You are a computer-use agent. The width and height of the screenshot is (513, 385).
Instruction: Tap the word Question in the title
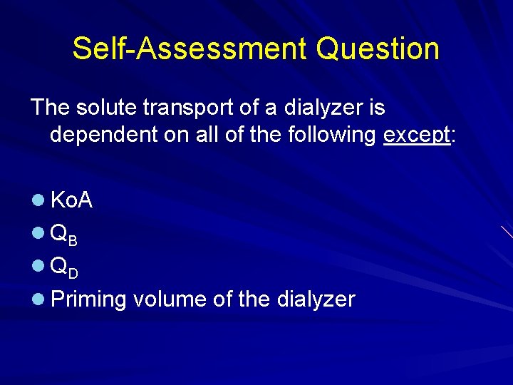pyautogui.click(x=378, y=48)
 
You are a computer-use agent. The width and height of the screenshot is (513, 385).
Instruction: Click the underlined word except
pyautogui.click(x=416, y=135)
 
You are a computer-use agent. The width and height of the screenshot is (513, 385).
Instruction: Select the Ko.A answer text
pyautogui.click(x=71, y=201)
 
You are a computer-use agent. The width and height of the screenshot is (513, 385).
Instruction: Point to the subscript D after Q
pyautogui.click(x=73, y=273)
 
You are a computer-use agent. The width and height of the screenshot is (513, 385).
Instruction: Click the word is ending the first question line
pyautogui.click(x=377, y=108)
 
